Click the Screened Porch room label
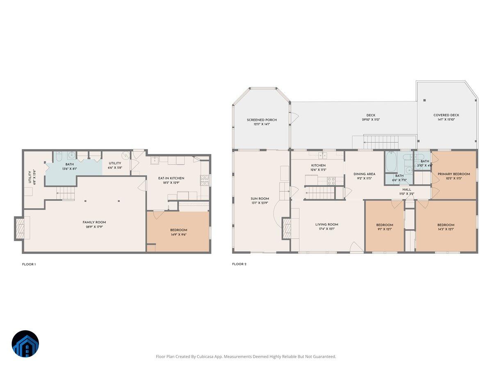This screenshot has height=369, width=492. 262,120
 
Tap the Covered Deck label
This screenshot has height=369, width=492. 446,115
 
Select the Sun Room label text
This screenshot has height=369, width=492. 260,198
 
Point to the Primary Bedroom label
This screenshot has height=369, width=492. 453,174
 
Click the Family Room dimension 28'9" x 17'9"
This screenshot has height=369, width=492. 94,227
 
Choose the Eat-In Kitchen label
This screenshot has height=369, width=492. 171,178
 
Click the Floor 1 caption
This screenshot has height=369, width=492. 29,264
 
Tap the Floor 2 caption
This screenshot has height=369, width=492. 239,264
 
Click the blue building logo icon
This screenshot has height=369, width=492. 25,344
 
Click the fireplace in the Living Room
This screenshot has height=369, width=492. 286,228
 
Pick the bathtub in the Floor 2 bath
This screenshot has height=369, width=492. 391,162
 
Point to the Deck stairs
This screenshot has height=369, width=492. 381,142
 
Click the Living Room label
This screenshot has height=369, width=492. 327,224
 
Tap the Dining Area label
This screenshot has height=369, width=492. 364,174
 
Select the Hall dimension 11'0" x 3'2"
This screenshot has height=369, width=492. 406,194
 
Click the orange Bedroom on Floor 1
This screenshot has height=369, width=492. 178,232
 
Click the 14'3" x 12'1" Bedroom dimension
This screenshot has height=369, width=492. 446,229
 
